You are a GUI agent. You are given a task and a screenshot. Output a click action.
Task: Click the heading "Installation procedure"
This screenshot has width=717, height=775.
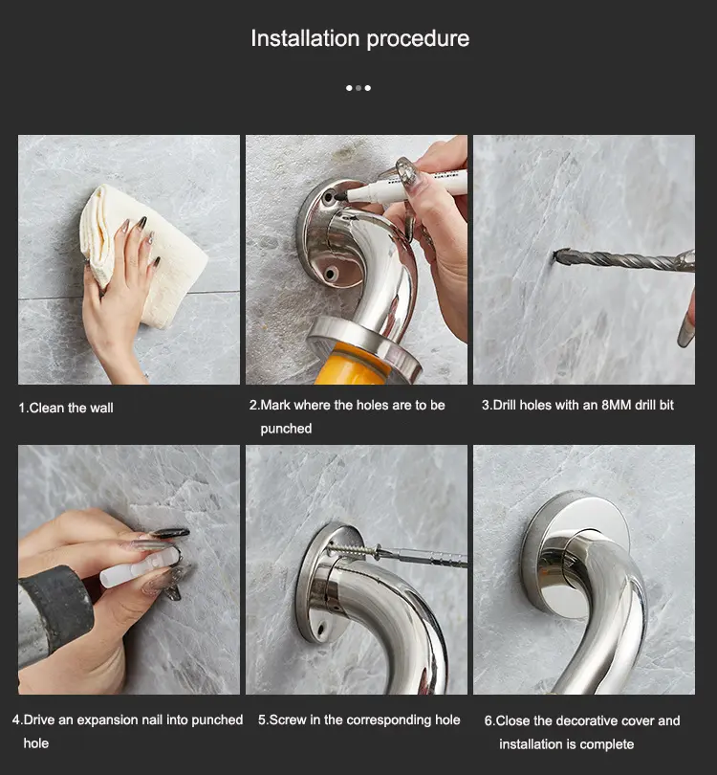[x=360, y=38]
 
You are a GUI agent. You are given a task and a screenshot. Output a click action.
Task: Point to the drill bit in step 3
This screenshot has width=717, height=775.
[x=623, y=260]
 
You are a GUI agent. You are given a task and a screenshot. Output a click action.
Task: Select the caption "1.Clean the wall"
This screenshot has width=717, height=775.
[x=66, y=408]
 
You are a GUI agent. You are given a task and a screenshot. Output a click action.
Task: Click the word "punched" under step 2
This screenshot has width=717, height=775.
[x=286, y=429]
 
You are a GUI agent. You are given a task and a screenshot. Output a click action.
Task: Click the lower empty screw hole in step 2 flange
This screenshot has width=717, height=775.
[x=330, y=273]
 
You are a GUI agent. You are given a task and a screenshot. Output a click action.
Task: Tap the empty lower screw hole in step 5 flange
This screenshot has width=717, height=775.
[x=321, y=630]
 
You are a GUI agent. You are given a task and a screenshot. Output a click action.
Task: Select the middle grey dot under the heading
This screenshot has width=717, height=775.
[x=358, y=88]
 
